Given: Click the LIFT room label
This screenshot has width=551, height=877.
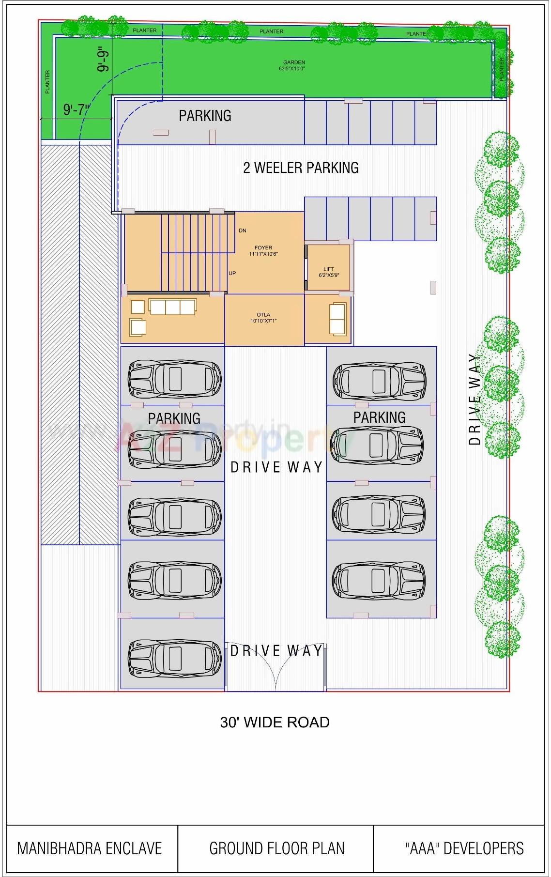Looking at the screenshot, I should (x=329, y=272).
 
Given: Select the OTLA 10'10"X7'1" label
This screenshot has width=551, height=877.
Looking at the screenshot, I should (x=263, y=318).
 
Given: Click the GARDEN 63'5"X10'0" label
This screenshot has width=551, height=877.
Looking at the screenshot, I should (x=294, y=65).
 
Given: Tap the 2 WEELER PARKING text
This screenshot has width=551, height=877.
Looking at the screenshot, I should (x=301, y=168).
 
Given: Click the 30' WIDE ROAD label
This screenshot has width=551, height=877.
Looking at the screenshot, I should (x=275, y=722).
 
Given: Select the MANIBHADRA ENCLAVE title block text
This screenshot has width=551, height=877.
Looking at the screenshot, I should (x=90, y=848).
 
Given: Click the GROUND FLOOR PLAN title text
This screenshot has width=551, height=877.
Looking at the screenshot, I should (x=276, y=848).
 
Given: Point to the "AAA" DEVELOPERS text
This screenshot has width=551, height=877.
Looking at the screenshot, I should (x=464, y=848).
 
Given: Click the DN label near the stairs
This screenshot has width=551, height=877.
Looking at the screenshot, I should (x=243, y=231).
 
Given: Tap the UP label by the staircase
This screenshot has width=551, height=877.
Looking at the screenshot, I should (x=232, y=273).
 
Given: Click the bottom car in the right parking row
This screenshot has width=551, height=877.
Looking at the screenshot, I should (x=379, y=579).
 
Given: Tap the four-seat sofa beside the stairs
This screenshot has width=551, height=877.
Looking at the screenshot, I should (x=172, y=307).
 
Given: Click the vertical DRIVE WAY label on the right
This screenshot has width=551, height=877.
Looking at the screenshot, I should (x=475, y=399).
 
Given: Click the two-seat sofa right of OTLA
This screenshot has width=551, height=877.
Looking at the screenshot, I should (x=338, y=319).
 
